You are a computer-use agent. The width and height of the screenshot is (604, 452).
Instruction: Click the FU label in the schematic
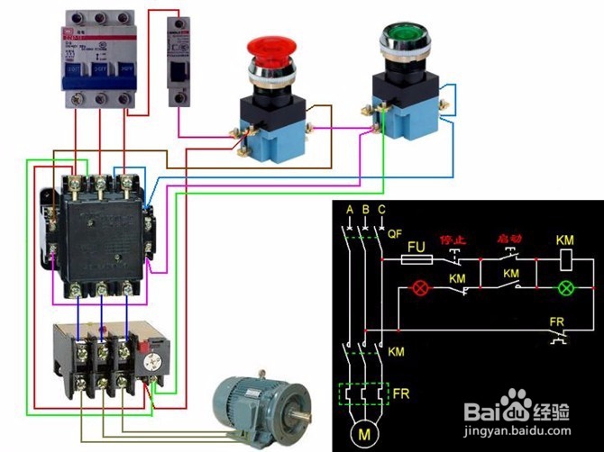tap(416, 246)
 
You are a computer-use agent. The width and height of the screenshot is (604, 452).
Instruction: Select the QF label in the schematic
tap(394, 232)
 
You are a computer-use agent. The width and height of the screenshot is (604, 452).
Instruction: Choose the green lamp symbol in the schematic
tap(567, 289)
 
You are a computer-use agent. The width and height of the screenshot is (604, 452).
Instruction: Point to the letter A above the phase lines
tap(348, 211)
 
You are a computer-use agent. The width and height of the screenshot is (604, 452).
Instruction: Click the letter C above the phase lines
tap(383, 211)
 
